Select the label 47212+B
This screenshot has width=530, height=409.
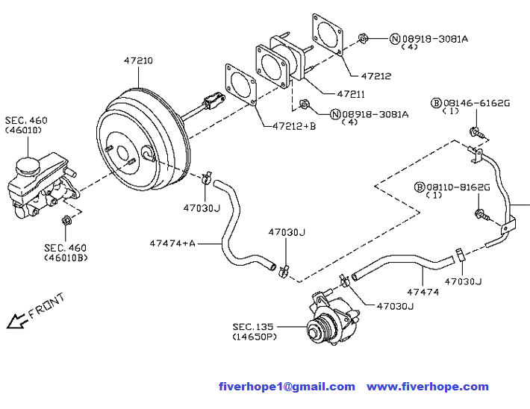tap(289, 125)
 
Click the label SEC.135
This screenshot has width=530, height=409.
tap(253, 326)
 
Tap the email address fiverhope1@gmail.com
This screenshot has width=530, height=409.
tap(287, 386)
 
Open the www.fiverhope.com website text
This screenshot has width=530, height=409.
tap(427, 386)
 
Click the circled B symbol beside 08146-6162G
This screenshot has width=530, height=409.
tap(437, 102)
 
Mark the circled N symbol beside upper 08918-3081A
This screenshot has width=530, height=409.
tap(396, 38)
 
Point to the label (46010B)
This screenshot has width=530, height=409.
tap(65, 258)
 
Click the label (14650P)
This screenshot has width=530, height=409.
tap(253, 337)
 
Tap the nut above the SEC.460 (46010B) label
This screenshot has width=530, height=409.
tap(66, 219)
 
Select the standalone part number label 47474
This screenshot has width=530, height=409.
tap(423, 292)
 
